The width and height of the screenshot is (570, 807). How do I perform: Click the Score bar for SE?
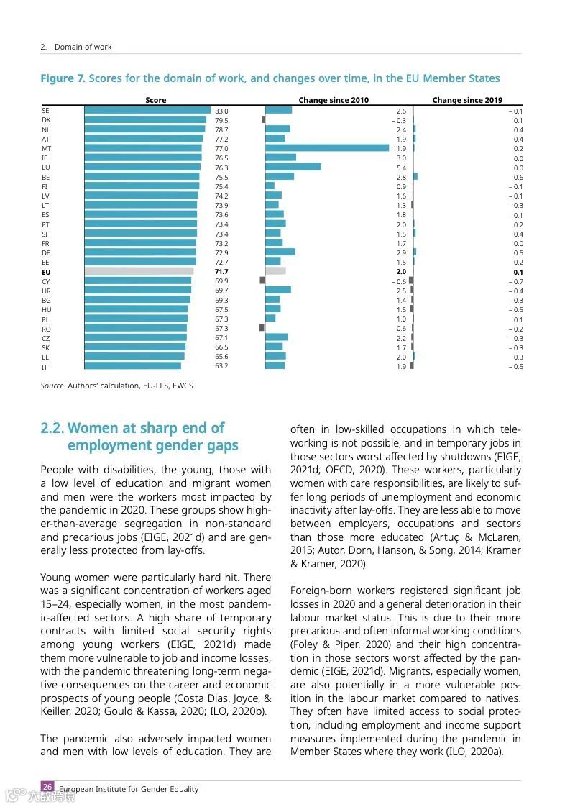147,110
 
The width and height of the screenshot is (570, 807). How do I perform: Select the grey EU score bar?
139,271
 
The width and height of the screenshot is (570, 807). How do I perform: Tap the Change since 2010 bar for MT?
327,148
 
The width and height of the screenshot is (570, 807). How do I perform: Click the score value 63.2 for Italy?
221,366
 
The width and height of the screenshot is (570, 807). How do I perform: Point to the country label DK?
46,120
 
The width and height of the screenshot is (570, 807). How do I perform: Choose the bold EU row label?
46,273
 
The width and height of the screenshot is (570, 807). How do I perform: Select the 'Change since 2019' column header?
467,100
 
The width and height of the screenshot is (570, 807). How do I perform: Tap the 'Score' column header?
155,100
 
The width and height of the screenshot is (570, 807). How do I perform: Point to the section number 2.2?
52,429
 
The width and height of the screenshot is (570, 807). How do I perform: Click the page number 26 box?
47,787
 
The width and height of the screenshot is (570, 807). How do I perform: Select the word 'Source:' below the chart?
52,386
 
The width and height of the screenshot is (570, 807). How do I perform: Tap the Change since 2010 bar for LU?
293,167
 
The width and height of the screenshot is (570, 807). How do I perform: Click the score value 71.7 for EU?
221,272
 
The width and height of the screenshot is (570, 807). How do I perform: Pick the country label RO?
46,329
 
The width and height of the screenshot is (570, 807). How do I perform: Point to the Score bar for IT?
133,366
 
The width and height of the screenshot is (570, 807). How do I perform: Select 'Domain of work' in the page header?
83,47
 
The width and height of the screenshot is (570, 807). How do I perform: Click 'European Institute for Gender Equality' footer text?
129,789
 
